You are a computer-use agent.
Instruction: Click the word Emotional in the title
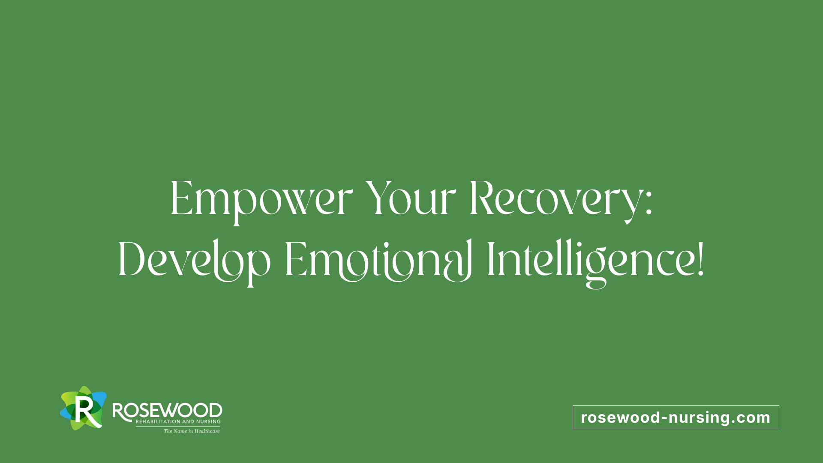click(x=378, y=261)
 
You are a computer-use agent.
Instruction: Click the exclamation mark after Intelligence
click(x=700, y=259)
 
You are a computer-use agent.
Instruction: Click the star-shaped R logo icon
click(x=83, y=408)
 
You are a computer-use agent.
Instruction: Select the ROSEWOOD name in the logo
click(x=167, y=411)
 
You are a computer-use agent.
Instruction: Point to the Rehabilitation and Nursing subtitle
click(x=178, y=422)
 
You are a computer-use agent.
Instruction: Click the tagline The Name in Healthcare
click(x=192, y=431)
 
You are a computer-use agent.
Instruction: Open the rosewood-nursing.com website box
click(x=676, y=417)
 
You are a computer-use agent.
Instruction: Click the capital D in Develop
click(x=132, y=259)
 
